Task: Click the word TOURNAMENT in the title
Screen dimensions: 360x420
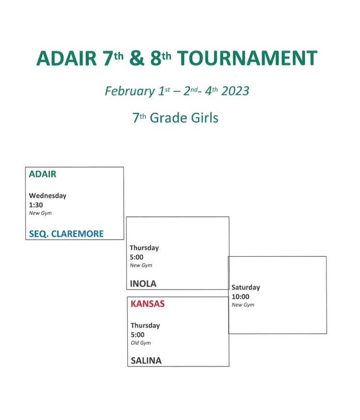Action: click(247, 58)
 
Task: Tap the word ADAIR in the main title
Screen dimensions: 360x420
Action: click(67, 58)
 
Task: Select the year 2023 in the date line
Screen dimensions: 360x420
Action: click(235, 91)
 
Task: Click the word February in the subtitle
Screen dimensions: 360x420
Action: click(130, 92)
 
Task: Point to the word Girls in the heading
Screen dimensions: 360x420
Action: click(204, 118)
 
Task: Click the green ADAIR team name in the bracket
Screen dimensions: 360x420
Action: click(43, 174)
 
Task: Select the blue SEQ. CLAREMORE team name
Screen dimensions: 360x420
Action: click(66, 234)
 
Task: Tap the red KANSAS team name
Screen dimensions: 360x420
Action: click(147, 304)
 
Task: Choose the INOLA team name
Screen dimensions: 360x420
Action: click(143, 284)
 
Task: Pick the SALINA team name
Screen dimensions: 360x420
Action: click(146, 361)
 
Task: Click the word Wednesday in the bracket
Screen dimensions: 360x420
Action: click(48, 196)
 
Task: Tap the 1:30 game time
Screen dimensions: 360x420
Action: click(36, 205)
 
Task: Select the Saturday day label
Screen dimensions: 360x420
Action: click(246, 287)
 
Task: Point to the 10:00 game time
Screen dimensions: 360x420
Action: click(240, 296)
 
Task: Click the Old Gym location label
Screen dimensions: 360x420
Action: click(141, 343)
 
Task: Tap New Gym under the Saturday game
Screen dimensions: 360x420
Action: click(243, 305)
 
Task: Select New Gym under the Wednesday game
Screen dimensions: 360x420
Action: click(40, 213)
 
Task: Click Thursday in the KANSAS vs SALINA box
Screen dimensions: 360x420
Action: click(145, 326)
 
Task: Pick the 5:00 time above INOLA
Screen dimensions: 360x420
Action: click(136, 257)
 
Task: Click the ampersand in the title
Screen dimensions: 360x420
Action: click(137, 58)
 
